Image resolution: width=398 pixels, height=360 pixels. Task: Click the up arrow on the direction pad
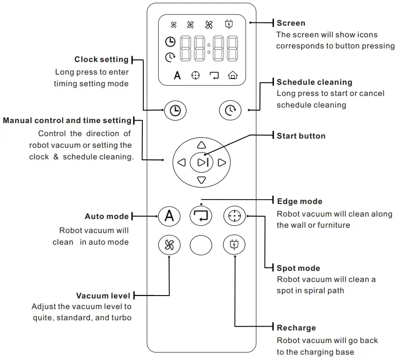coord(201,144)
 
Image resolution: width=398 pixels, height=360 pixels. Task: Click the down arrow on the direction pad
coord(201,181)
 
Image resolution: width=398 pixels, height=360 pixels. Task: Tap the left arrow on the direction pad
coord(182,163)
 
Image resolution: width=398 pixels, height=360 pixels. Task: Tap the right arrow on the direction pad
coord(222,163)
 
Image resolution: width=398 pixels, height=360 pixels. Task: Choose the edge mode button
coord(201,216)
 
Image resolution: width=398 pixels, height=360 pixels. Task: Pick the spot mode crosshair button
coord(234,216)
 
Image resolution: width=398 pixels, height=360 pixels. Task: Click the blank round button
coord(201,246)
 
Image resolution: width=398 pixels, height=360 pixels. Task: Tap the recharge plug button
coord(234,246)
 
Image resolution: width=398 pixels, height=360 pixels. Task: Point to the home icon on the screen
coord(233,75)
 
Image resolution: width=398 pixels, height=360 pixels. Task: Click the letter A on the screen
coord(177,75)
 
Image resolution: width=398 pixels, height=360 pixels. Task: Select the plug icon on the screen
coord(229,25)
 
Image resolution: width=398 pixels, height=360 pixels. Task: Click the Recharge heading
coord(296,328)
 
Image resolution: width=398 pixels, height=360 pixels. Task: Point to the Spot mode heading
coord(298,268)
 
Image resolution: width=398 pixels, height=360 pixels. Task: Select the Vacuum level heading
coord(103,296)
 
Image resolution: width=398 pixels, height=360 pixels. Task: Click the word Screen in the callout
coord(291,23)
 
